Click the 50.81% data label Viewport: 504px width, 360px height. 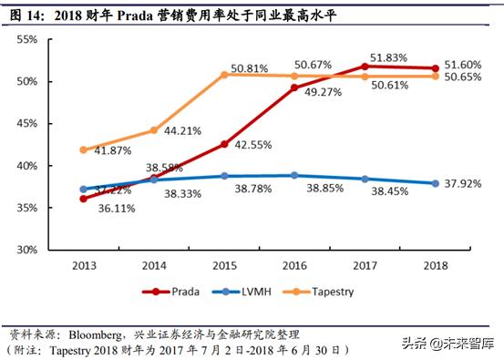(x=249, y=67)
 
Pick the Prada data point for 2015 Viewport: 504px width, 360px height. (x=224, y=144)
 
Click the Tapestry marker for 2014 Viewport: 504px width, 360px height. (x=154, y=130)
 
